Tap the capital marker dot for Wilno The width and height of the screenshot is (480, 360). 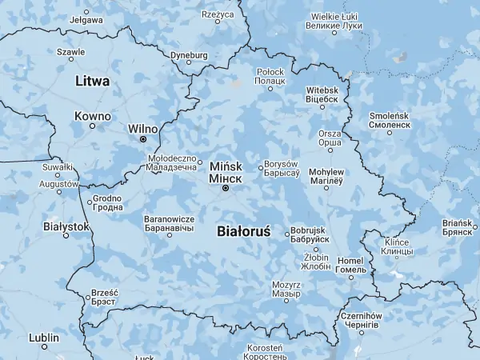[143, 139]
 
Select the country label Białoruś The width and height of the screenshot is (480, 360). [243, 231]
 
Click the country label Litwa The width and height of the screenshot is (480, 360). [92, 81]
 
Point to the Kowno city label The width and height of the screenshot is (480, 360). [92, 116]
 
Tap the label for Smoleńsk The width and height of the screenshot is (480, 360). [390, 121]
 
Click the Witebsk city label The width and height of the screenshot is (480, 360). [322, 95]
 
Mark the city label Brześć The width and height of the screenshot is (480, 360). [105, 297]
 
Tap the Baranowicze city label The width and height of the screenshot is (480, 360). [169, 223]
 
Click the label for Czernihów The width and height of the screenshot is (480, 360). [363, 321]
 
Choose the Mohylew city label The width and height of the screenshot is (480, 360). [326, 176]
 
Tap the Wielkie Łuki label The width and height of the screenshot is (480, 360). [334, 21]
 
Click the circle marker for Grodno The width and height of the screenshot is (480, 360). [90, 202]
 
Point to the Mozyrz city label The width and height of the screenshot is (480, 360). [286, 289]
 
